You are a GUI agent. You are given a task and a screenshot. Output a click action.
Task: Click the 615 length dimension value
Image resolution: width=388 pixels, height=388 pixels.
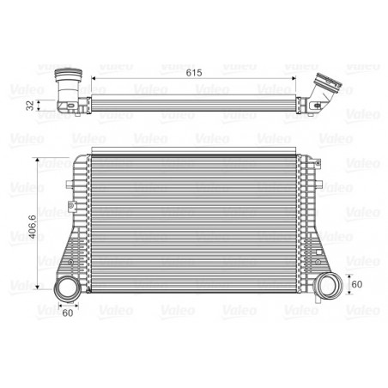coord(194,73)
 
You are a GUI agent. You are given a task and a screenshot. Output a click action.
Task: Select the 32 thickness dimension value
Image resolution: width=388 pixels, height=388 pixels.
coord(31,106)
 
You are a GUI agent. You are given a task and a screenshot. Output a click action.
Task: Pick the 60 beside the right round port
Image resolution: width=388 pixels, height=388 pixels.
coord(357,283)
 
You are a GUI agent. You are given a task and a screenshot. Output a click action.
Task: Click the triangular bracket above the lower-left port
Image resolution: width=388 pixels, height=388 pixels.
coord(67,253)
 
